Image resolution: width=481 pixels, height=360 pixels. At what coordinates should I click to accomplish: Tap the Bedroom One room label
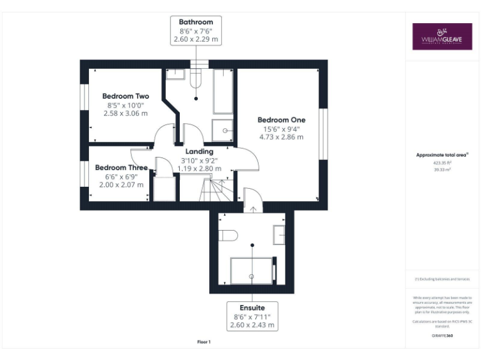click(x=281, y=119)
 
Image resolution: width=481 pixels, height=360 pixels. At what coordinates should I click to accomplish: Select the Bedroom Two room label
click(x=125, y=96)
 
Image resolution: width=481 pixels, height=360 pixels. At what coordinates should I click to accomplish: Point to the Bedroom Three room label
click(x=121, y=167)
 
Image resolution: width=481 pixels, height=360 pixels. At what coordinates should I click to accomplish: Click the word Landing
click(x=199, y=151)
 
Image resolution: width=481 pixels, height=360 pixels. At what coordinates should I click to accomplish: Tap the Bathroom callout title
click(x=195, y=22)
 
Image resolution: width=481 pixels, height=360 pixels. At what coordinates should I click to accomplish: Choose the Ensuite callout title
click(x=252, y=308)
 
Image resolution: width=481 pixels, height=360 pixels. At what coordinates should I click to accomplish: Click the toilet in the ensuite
click(x=227, y=236)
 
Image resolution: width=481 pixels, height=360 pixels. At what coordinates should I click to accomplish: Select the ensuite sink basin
click(x=279, y=236)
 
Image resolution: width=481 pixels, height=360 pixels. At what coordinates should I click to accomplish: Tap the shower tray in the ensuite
click(x=252, y=271)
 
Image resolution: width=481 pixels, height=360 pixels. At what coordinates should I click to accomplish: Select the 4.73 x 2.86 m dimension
click(x=281, y=137)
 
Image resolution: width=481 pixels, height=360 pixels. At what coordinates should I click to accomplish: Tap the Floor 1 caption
click(x=204, y=342)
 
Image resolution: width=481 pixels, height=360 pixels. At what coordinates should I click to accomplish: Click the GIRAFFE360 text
click(x=442, y=336)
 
